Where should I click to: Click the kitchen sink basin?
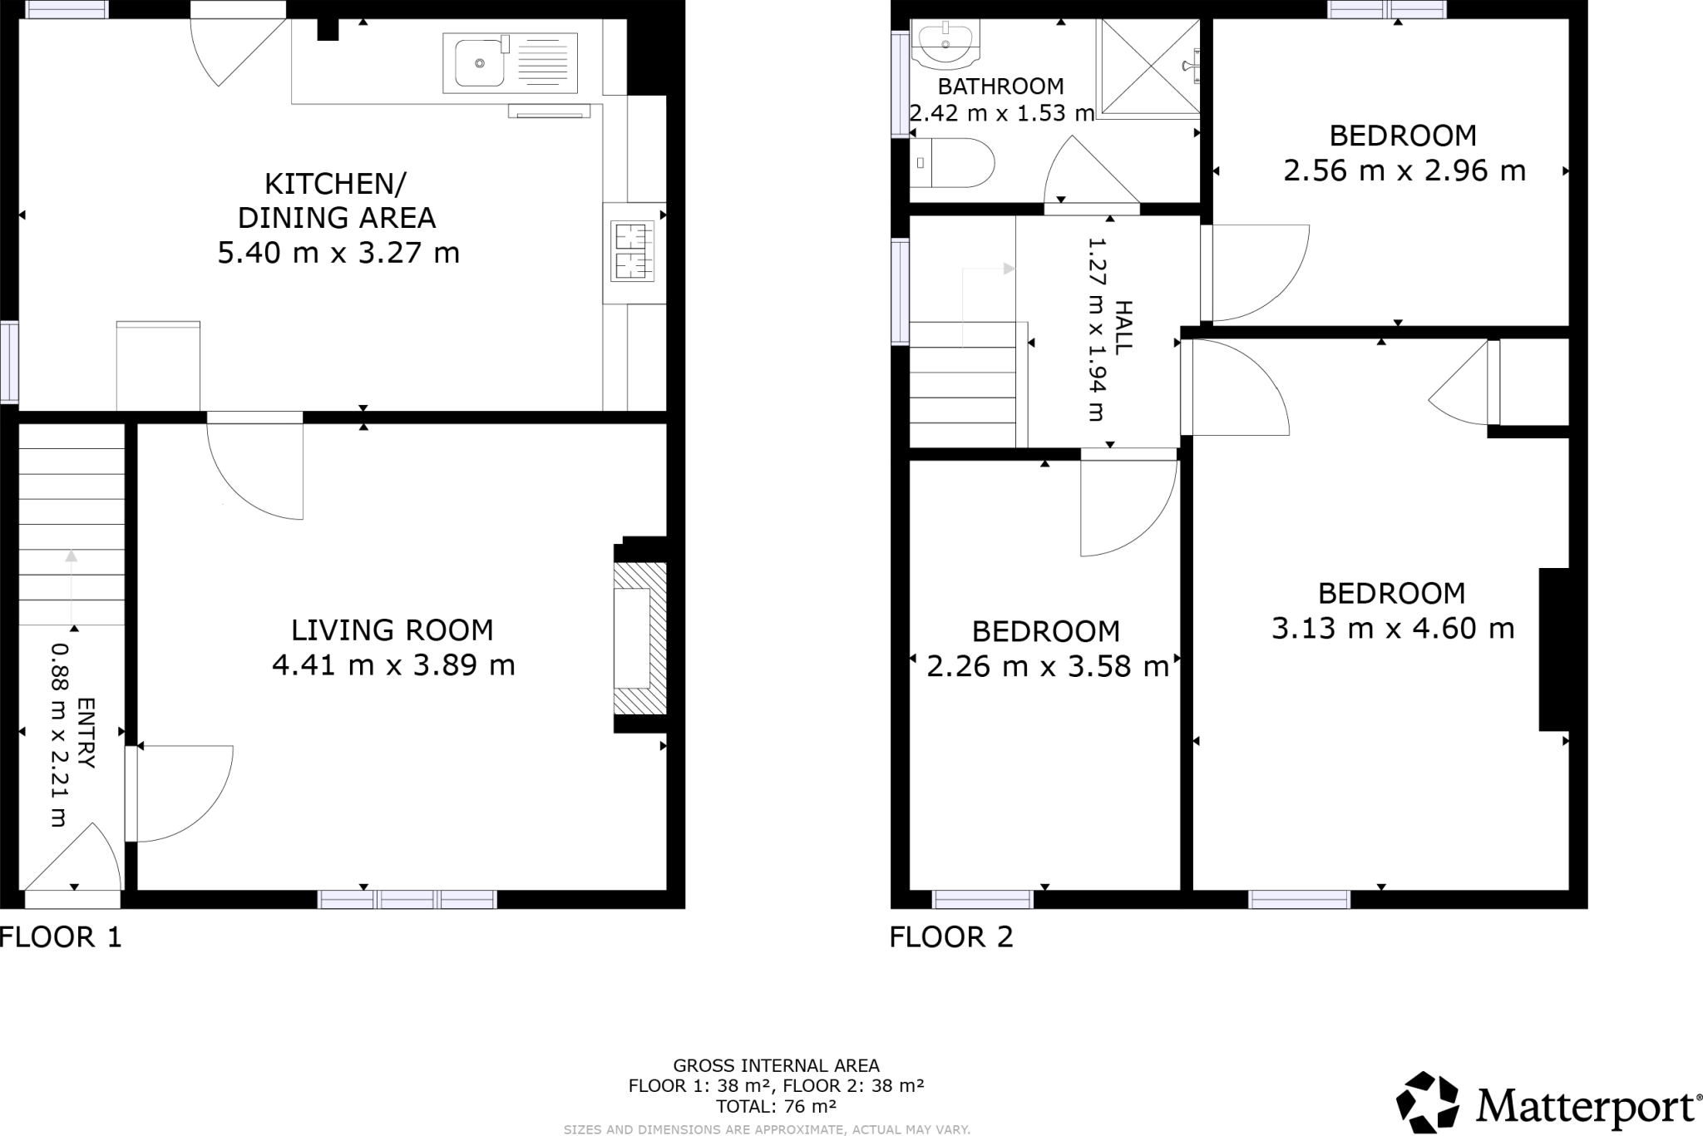point(478,62)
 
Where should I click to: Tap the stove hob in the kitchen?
point(634,252)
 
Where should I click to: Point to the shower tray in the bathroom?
point(1150,66)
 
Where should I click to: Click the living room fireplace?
point(639,638)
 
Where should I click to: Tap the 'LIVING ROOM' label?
point(392,630)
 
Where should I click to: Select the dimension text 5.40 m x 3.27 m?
point(338,252)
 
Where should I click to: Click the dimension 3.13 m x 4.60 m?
point(1393,628)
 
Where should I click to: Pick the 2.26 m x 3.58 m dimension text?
point(1047,666)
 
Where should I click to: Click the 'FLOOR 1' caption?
point(61,938)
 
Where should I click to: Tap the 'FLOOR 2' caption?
point(951,938)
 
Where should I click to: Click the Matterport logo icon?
point(1427,1103)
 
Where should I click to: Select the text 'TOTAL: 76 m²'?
point(776,1106)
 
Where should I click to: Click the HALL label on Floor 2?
point(1123,328)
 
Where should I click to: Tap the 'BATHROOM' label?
point(1000,86)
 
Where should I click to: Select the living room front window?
point(407,899)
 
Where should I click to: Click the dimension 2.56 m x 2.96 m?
point(1404,171)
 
